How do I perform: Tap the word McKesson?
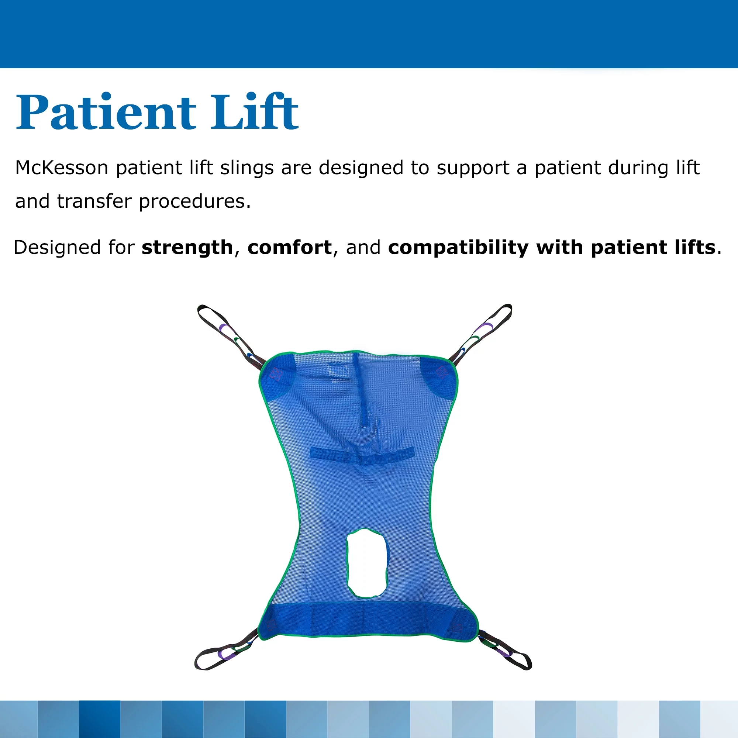coord(62,168)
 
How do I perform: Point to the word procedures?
coord(194,202)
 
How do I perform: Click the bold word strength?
coord(187,248)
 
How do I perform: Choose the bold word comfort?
coord(290,248)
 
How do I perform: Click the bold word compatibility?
coord(458,248)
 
